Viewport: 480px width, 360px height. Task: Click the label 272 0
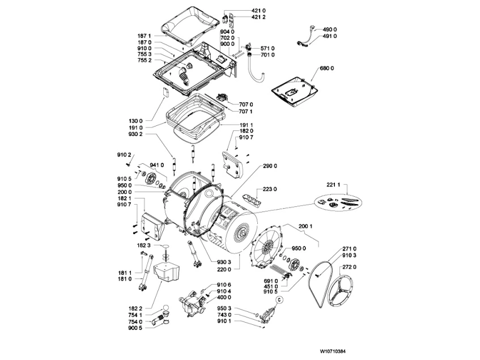(x=350, y=266)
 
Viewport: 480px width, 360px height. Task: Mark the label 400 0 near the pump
(x=224, y=297)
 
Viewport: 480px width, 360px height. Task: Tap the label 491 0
(x=330, y=36)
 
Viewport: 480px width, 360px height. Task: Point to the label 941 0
(x=157, y=164)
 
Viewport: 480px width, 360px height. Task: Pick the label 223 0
(x=270, y=190)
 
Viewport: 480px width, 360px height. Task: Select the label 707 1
(x=246, y=112)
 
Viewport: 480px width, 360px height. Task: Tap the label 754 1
(x=135, y=315)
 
